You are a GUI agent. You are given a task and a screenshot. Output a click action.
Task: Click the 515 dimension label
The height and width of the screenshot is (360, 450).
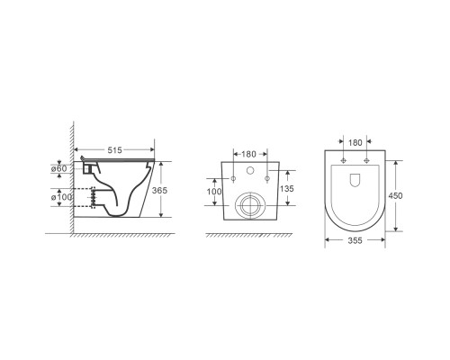[114, 150]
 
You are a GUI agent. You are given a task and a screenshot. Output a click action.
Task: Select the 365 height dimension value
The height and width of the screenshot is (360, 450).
[159, 190]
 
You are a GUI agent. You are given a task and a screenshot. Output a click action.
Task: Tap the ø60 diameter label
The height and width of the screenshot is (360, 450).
[58, 168]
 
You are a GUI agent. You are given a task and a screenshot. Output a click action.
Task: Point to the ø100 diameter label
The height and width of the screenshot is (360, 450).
[61, 197]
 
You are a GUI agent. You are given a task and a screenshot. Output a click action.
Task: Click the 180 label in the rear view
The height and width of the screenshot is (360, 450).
[248, 154]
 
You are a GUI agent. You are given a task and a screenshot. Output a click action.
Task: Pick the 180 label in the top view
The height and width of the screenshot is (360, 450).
[355, 143]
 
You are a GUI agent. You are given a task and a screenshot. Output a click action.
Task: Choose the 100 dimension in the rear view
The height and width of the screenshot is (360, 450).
[214, 192]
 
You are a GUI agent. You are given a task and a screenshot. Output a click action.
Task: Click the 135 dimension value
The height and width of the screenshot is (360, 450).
[287, 189]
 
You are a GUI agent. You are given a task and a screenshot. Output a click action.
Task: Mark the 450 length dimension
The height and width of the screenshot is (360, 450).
[395, 196]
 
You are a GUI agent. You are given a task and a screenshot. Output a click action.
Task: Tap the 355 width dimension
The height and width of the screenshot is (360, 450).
[355, 240]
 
